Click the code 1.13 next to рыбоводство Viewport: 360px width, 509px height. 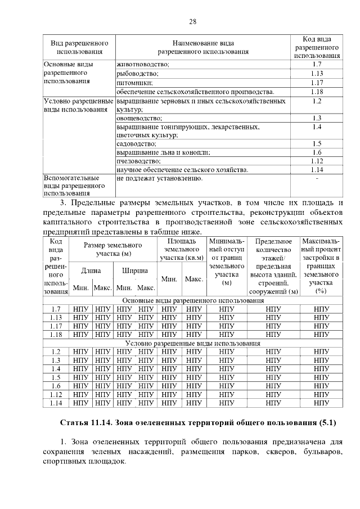[x=317, y=74]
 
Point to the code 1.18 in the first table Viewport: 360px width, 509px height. [x=317, y=91]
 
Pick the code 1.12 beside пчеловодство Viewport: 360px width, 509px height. [x=317, y=161]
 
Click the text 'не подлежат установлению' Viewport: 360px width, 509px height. [x=159, y=178]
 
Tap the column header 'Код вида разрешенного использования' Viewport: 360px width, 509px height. [x=317, y=47]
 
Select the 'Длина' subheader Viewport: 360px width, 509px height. [x=91, y=271]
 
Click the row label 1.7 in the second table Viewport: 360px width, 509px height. [x=56, y=309]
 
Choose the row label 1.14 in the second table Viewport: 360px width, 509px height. [x=56, y=402]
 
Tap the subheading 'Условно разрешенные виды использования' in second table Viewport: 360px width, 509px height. [x=192, y=343]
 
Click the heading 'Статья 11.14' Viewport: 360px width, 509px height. [x=88, y=422]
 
